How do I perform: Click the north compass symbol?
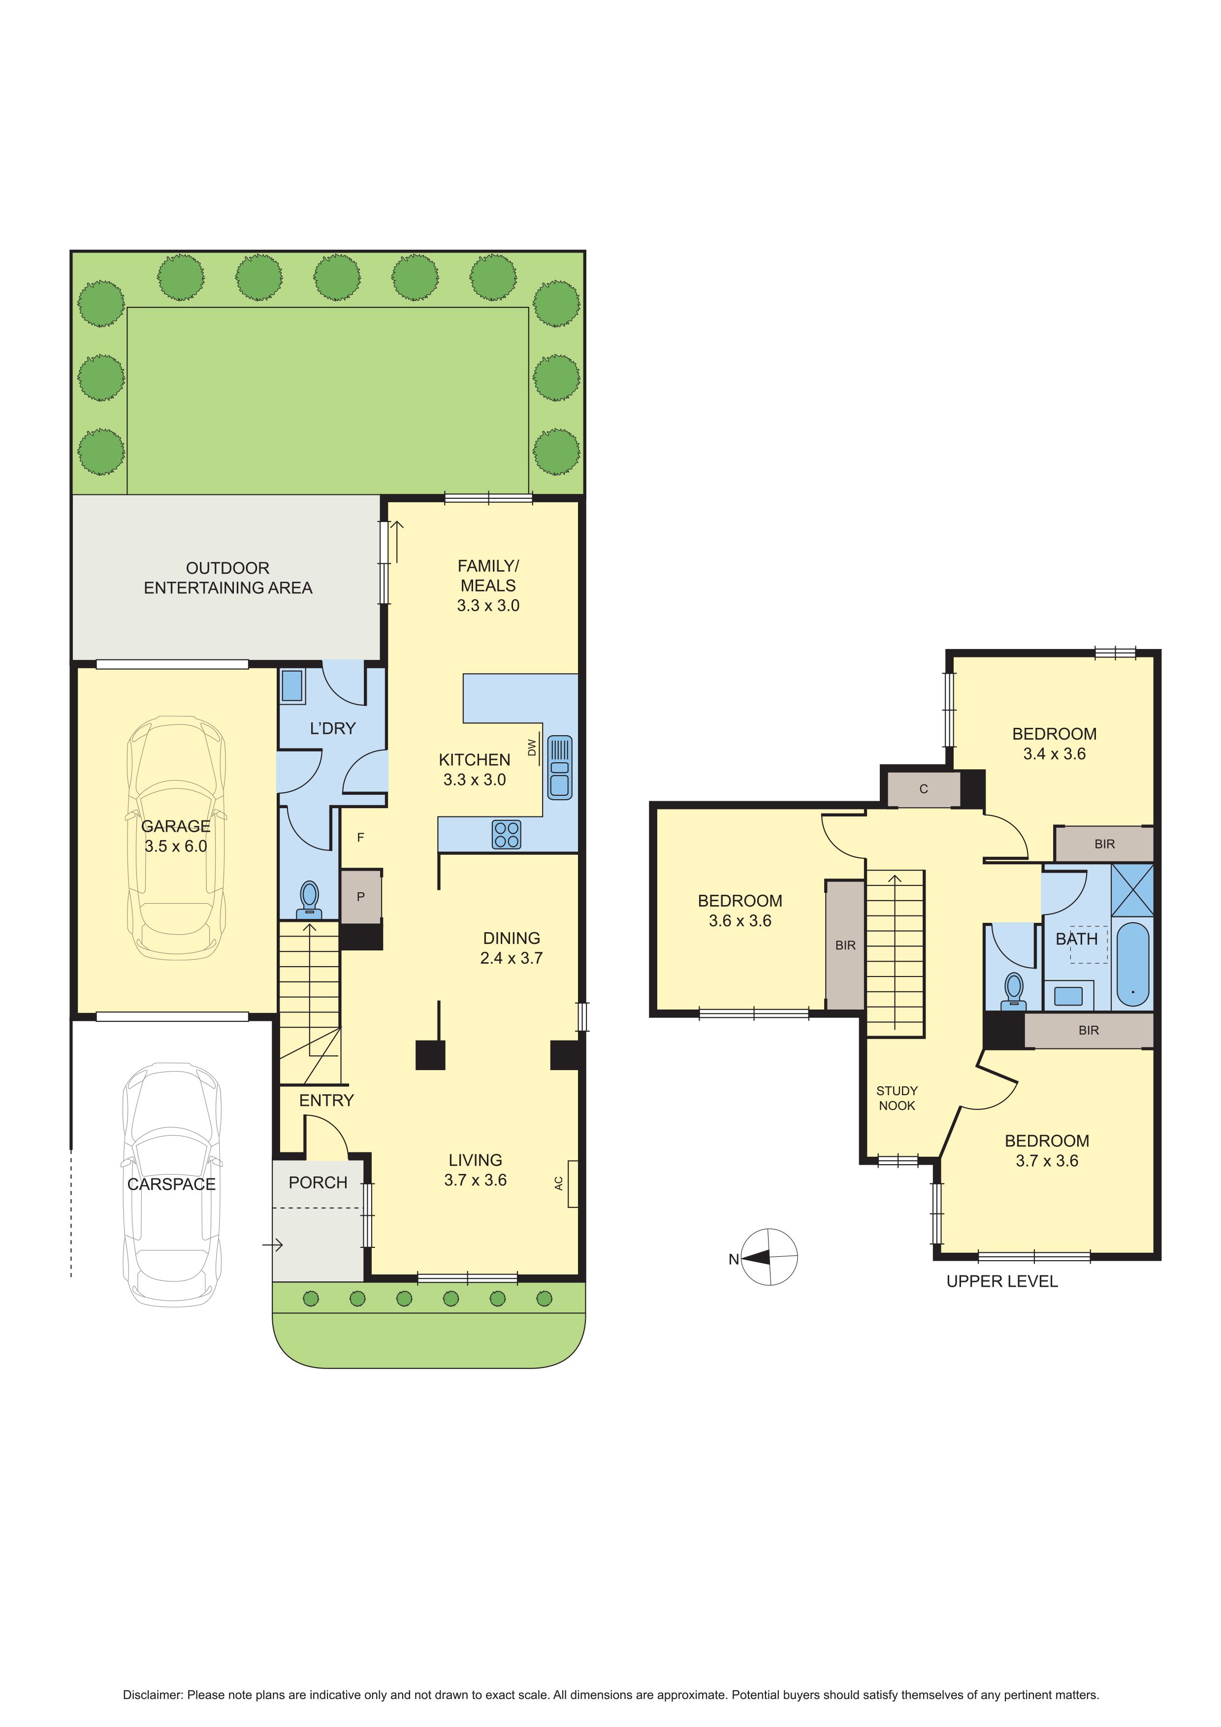[769, 1257]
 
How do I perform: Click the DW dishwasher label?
[532, 748]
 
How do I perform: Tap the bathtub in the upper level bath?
[1132, 964]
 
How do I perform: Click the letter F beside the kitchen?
[361, 837]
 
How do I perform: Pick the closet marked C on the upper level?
[923, 789]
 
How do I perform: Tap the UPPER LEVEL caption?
[1002, 1282]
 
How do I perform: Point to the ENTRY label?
[326, 1101]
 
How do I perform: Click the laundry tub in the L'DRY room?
[292, 686]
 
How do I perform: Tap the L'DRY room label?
[332, 728]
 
